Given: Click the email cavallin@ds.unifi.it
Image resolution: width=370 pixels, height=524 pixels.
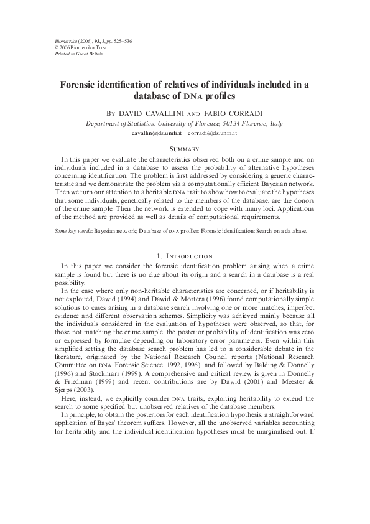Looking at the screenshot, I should pos(155,133).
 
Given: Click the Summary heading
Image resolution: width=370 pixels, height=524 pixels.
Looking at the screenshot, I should pos(185,149).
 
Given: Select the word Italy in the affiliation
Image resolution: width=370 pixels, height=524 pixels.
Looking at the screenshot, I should pos(274,123).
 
